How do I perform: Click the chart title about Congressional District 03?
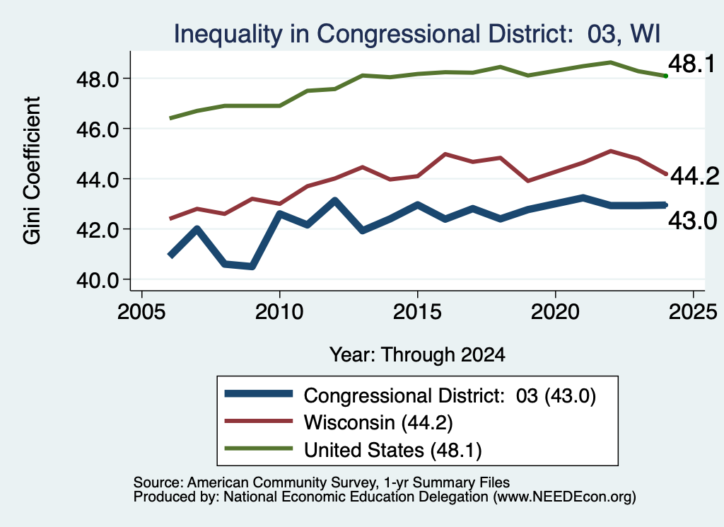click(417, 34)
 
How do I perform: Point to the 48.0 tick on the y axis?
click(98, 79)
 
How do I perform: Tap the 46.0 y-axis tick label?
click(98, 129)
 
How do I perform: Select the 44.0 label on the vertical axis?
click(98, 179)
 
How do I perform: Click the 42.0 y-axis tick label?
click(98, 230)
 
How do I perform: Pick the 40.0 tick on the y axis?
click(98, 280)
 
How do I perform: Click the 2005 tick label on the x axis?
click(141, 312)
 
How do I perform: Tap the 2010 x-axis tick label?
click(279, 312)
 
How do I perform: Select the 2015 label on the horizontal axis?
click(417, 312)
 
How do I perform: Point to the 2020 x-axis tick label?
click(555, 312)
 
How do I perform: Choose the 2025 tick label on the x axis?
click(693, 312)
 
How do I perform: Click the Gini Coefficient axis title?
click(32, 170)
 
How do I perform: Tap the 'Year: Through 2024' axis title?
click(417, 354)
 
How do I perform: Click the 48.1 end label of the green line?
click(691, 64)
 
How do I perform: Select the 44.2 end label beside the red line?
click(694, 176)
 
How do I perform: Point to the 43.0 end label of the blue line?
click(693, 221)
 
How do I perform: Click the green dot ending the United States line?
click(665, 76)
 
